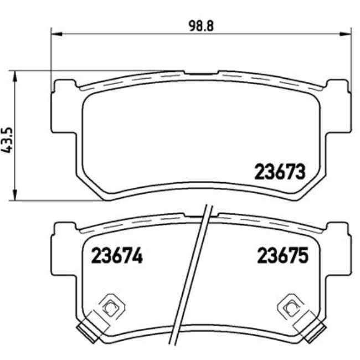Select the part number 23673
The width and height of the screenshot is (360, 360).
click(280, 172)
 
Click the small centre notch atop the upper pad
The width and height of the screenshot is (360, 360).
click(200, 73)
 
